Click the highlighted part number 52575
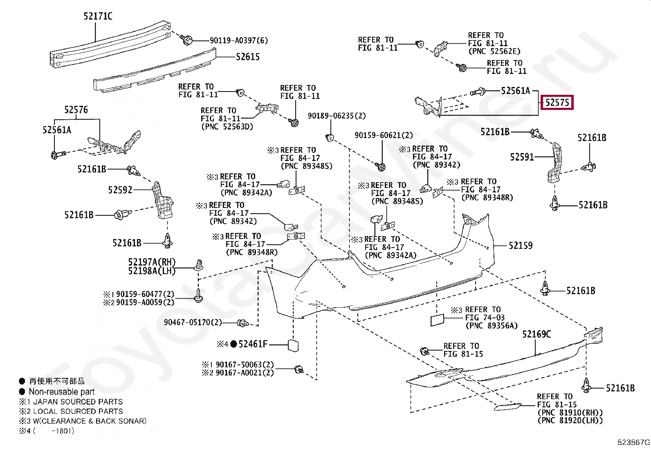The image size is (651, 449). click(x=557, y=103)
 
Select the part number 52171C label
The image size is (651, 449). click(x=98, y=16)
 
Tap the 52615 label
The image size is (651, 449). click(x=248, y=57)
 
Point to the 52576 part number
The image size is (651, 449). click(x=76, y=110)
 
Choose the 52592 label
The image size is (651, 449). click(x=120, y=190)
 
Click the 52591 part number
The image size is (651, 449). click(x=522, y=157)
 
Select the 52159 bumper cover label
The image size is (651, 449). click(x=521, y=246)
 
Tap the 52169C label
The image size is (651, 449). click(x=537, y=334)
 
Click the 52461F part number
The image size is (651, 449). click(x=253, y=344)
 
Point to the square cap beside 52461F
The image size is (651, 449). click(x=293, y=346)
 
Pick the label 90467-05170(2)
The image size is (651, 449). click(x=193, y=322)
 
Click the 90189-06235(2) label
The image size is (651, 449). click(x=337, y=116)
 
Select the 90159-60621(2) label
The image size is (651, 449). click(x=384, y=135)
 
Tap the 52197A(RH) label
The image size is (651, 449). click(x=152, y=262)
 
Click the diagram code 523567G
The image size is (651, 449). click(x=633, y=442)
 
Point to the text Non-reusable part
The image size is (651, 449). click(x=62, y=392)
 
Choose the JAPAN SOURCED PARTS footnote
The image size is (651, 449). click(x=78, y=402)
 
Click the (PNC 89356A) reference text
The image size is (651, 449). click(x=492, y=326)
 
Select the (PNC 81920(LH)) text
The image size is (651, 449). click(x=570, y=420)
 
